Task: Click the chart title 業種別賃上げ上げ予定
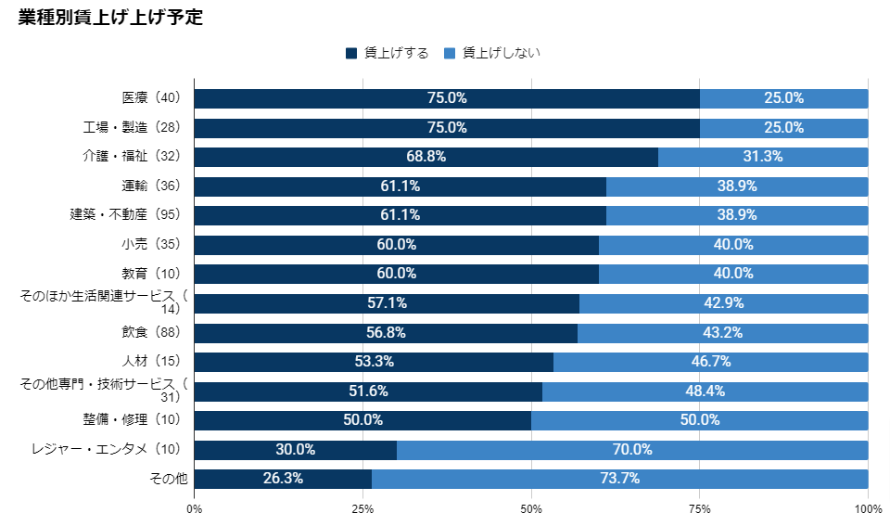tap(111, 19)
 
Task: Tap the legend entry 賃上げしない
tap(492, 53)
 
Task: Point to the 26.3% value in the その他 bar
tap(283, 480)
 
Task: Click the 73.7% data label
tap(619, 480)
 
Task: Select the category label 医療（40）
tap(152, 97)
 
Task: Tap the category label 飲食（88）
tap(152, 332)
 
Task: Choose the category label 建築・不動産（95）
tap(130, 214)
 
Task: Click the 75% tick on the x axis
tap(699, 508)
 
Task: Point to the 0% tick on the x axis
tap(195, 508)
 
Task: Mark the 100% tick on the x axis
tap(868, 508)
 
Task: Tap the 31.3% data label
tap(763, 157)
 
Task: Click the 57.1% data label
tap(387, 303)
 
